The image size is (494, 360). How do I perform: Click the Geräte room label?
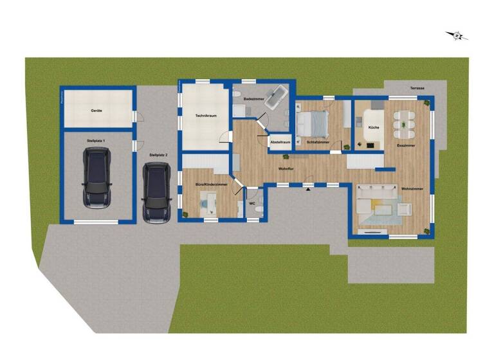pyautogui.click(x=96, y=111)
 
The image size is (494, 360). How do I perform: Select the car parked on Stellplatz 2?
pyautogui.click(x=156, y=192)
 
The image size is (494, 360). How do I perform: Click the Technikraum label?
pyautogui.click(x=206, y=116)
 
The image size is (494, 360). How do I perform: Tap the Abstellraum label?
pyautogui.click(x=280, y=141)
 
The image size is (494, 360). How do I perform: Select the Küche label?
pyautogui.click(x=374, y=128)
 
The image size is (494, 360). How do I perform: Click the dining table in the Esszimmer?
pyautogui.click(x=404, y=122)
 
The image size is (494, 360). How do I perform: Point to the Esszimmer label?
pyautogui.click(x=405, y=146)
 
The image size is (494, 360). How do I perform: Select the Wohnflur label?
pyautogui.click(x=286, y=168)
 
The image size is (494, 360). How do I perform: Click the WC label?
pyautogui.click(x=253, y=203)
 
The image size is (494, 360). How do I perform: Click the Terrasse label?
pyautogui.click(x=410, y=88)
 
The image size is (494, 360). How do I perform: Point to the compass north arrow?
pyautogui.click(x=457, y=35)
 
